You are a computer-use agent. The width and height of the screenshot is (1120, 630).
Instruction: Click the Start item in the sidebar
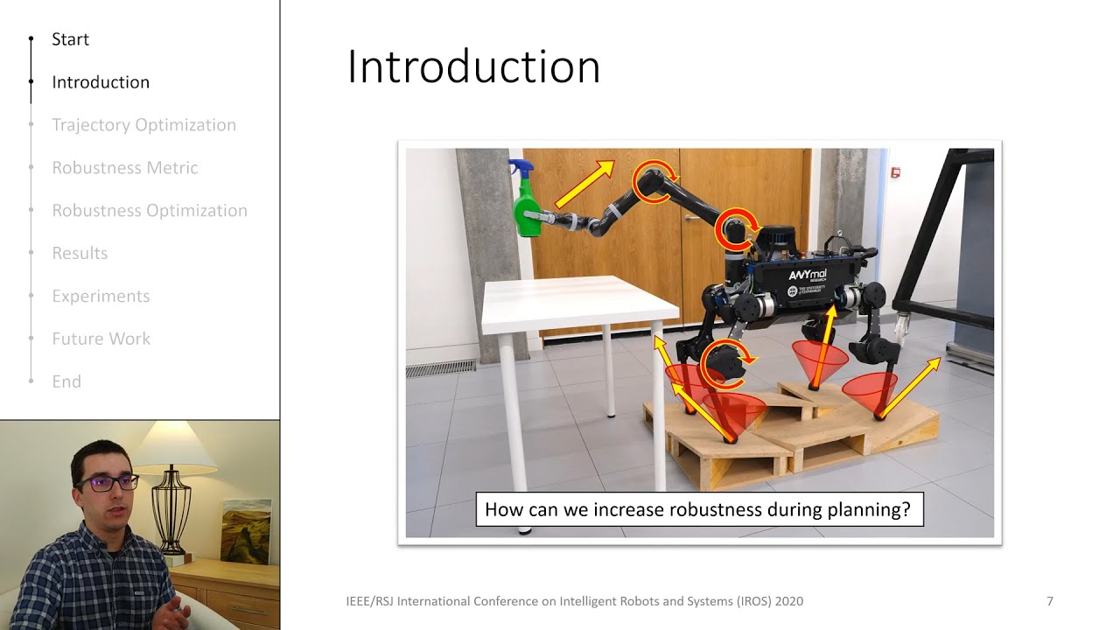(x=70, y=39)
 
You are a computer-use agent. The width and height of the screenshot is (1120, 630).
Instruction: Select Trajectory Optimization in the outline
(x=143, y=125)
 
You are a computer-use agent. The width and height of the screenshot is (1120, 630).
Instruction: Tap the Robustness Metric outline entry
(x=124, y=168)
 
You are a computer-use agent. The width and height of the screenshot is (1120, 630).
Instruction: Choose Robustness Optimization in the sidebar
(x=149, y=211)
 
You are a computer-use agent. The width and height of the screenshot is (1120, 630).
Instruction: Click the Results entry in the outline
(x=80, y=254)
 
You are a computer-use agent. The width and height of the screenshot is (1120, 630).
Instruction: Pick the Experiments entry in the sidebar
(x=101, y=297)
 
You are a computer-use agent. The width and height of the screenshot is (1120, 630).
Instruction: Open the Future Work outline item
(x=101, y=339)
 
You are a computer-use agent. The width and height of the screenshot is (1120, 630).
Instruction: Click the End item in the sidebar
(x=66, y=382)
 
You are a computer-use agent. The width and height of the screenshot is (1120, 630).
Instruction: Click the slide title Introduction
(x=473, y=67)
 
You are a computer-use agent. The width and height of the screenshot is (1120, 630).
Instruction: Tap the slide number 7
(x=1050, y=601)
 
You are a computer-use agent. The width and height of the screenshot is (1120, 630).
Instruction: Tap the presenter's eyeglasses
(x=108, y=482)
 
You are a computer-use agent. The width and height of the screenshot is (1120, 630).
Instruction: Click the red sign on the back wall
(x=895, y=172)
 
